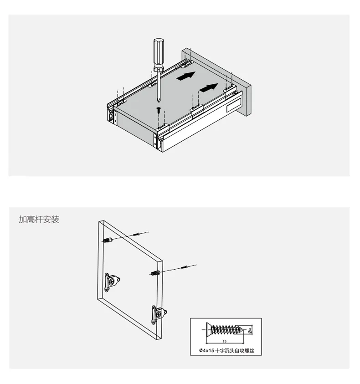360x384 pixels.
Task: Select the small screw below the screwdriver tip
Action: pyautogui.click(x=159, y=110)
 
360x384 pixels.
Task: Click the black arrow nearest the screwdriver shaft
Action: pyautogui.click(x=186, y=76)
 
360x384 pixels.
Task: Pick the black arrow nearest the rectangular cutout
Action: pyautogui.click(x=209, y=87)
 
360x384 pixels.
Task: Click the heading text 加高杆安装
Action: pyautogui.click(x=39, y=219)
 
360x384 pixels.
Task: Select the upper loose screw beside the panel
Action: pyautogui.click(x=137, y=235)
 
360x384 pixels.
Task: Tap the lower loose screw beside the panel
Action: pyautogui.click(x=184, y=267)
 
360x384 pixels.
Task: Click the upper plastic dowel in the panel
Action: pyautogui.click(x=108, y=240)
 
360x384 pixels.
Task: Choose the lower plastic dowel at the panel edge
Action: pyautogui.click(x=155, y=272)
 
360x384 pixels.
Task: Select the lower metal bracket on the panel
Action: pyautogui.click(x=159, y=314)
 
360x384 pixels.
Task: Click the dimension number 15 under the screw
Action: pyautogui.click(x=225, y=341)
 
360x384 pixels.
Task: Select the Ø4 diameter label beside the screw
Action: pyautogui.click(x=250, y=330)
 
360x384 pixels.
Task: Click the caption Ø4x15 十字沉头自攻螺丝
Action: pyautogui.click(x=226, y=350)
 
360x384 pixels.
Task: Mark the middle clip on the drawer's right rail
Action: pyautogui.click(x=196, y=109)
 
